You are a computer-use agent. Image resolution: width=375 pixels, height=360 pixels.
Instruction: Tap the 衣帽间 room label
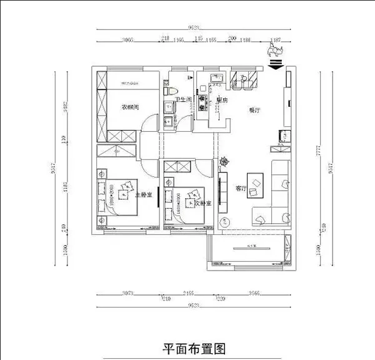point(129,107)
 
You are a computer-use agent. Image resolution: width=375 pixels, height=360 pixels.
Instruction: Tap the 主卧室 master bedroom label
point(145,195)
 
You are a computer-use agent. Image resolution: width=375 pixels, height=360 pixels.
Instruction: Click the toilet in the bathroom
point(168,91)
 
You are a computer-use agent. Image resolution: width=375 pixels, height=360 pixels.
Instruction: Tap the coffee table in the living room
point(257,183)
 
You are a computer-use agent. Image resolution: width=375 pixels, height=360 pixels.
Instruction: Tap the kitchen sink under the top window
point(217,77)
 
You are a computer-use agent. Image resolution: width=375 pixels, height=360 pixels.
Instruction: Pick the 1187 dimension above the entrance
point(274,39)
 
